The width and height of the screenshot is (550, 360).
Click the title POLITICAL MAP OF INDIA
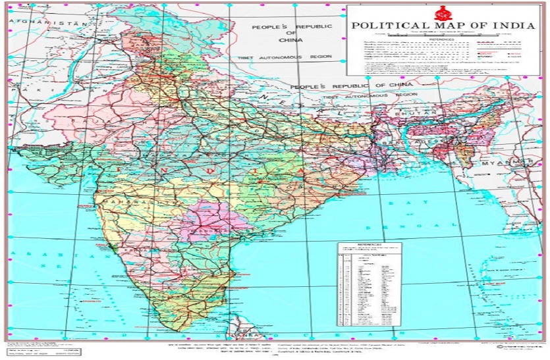coord(442,26)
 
